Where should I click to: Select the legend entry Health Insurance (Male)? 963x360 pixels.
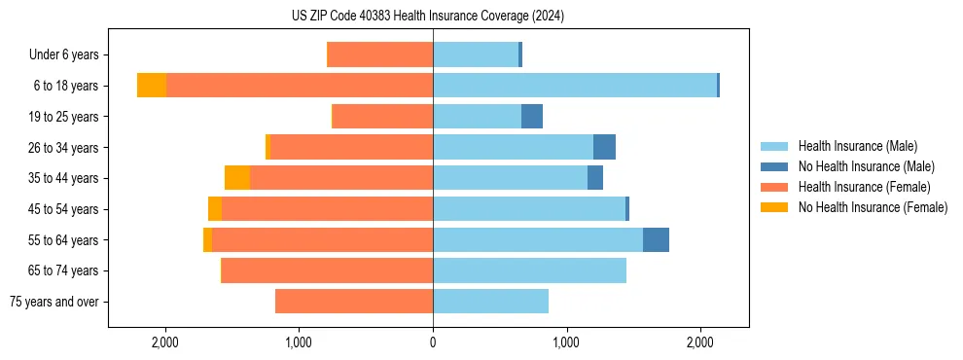click(857, 146)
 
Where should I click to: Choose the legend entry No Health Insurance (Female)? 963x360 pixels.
click(873, 207)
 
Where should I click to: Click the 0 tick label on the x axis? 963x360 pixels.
click(433, 342)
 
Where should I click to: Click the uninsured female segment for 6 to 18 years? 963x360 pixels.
click(152, 86)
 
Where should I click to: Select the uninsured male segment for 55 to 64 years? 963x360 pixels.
click(656, 239)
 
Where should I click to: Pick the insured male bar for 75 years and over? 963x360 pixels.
click(490, 302)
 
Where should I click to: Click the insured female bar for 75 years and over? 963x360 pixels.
click(354, 302)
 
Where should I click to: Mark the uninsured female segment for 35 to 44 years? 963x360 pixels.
click(237, 178)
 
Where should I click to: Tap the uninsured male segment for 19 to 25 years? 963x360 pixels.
click(532, 117)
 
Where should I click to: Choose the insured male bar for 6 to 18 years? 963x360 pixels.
click(575, 86)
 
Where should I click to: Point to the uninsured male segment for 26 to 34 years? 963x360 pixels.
click(604, 147)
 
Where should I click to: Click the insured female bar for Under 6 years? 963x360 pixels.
click(380, 55)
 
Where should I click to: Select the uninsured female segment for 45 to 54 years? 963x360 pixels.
click(215, 209)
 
